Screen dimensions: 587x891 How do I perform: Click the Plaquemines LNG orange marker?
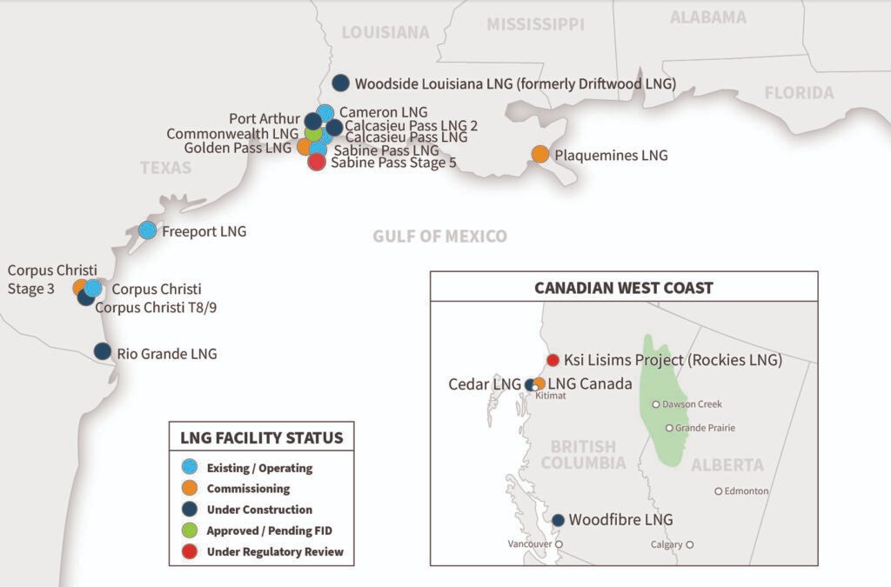click(540, 155)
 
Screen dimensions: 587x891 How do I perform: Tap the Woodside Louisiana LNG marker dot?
click(341, 83)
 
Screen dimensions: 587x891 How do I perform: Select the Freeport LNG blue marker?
click(147, 230)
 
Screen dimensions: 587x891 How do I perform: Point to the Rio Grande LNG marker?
click(103, 352)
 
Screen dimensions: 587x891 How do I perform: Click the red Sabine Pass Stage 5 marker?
click(317, 162)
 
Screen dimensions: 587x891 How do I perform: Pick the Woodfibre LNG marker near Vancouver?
click(558, 520)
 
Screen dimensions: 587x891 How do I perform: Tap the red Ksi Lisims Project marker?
click(552, 360)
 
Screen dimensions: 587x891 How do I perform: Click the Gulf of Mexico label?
click(439, 237)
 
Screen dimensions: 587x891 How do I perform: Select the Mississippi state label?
click(535, 24)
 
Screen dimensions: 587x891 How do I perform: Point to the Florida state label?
click(799, 93)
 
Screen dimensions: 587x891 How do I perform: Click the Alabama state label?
click(707, 17)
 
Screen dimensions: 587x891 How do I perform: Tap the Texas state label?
click(165, 167)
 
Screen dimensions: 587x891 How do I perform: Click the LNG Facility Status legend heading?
click(261, 437)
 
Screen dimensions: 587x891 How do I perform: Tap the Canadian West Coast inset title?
click(623, 288)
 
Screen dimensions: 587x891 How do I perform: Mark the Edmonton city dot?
click(719, 491)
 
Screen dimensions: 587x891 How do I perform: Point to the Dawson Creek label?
click(692, 404)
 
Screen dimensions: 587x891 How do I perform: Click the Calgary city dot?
click(689, 545)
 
